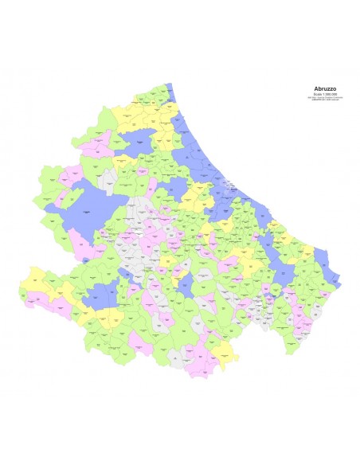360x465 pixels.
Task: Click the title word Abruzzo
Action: click(x=325, y=88)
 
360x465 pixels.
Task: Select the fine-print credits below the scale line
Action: click(x=325, y=99)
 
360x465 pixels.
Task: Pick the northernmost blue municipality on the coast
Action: click(x=170, y=88)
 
